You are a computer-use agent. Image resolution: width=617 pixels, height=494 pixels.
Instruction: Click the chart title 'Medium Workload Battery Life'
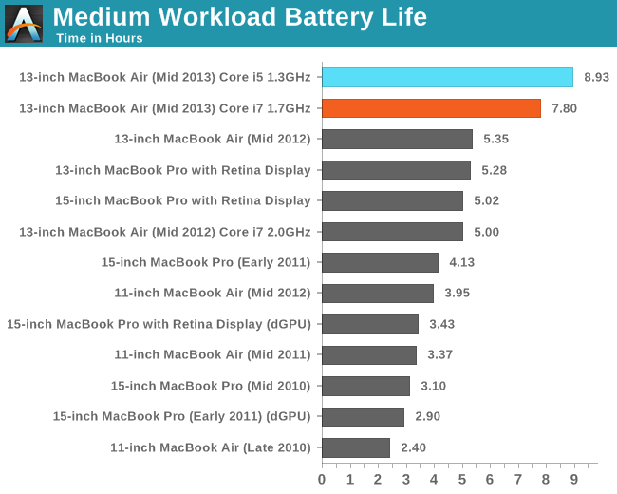pyautogui.click(x=239, y=17)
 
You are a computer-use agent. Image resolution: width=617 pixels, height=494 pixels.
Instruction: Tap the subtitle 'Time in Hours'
pyautogui.click(x=99, y=38)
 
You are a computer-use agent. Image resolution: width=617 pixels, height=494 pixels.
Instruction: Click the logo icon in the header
pyautogui.click(x=24, y=23)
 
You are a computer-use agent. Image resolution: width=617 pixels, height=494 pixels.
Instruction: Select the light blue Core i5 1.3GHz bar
pyautogui.click(x=447, y=77)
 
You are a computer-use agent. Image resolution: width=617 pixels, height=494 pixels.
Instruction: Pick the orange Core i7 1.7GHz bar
pyautogui.click(x=431, y=108)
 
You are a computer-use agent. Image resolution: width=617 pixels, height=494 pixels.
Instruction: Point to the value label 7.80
pyautogui.click(x=566, y=108)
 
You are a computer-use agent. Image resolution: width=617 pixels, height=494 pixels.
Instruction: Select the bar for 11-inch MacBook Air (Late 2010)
pyautogui.click(x=356, y=447)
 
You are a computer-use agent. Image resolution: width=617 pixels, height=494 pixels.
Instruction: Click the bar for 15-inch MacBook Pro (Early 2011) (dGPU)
pyautogui.click(x=363, y=416)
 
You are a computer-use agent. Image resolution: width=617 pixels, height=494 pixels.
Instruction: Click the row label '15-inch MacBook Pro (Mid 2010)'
pyautogui.click(x=211, y=386)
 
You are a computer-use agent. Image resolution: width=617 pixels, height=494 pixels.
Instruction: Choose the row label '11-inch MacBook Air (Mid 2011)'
pyautogui.click(x=212, y=354)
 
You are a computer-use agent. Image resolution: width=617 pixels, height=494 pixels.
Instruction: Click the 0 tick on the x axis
pyautogui.click(x=322, y=478)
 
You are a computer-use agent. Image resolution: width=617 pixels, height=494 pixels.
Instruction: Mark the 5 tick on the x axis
pyautogui.click(x=462, y=478)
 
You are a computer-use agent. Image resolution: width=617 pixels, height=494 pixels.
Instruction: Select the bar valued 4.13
pyautogui.click(x=380, y=262)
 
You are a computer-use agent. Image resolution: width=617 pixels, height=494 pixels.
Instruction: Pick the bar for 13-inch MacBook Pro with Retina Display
pyautogui.click(x=396, y=170)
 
